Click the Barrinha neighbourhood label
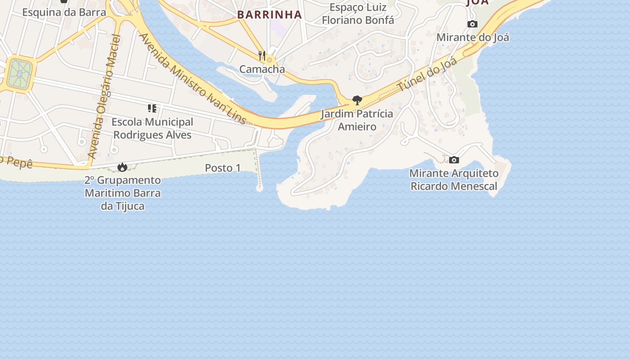click(x=269, y=14)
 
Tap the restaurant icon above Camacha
click(x=262, y=56)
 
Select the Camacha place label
click(x=262, y=69)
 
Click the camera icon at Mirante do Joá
click(x=472, y=24)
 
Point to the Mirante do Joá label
click(x=472, y=37)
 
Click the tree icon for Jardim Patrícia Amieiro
click(x=357, y=100)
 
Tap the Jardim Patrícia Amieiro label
click(x=357, y=120)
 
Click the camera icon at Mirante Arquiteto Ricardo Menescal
click(x=454, y=160)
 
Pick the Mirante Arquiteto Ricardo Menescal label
click(x=454, y=180)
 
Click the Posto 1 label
click(x=223, y=168)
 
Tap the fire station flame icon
click(x=122, y=167)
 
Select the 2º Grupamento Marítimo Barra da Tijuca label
click(x=122, y=193)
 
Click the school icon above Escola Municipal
click(x=152, y=108)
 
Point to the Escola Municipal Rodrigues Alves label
click(x=152, y=128)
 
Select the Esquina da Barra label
click(x=64, y=12)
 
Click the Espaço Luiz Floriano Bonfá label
click(x=358, y=13)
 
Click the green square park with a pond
click(x=19, y=73)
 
